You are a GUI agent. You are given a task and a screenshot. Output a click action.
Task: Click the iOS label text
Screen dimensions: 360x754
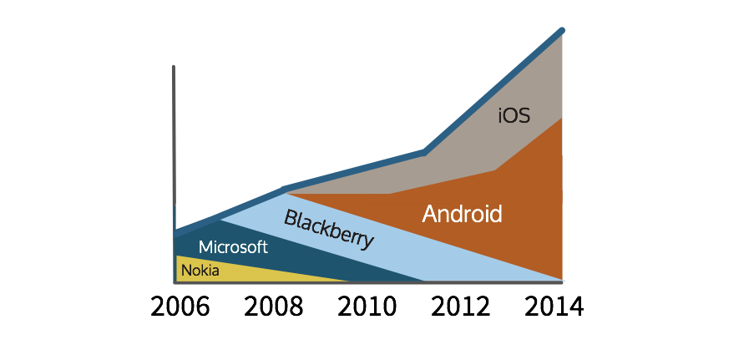coord(514,115)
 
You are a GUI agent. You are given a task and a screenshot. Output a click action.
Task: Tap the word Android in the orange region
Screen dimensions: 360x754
coord(462,214)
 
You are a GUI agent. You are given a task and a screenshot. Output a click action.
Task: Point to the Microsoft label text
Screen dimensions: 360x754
coord(233,247)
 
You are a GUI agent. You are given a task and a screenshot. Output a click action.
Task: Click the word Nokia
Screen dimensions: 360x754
coord(200,271)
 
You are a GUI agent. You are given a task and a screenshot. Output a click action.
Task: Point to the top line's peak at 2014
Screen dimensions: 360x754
coord(562,30)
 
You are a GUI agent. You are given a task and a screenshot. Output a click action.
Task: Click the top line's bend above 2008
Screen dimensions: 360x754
coord(285,189)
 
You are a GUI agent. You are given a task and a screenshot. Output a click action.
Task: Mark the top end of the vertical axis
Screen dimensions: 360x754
coord(174,66)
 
